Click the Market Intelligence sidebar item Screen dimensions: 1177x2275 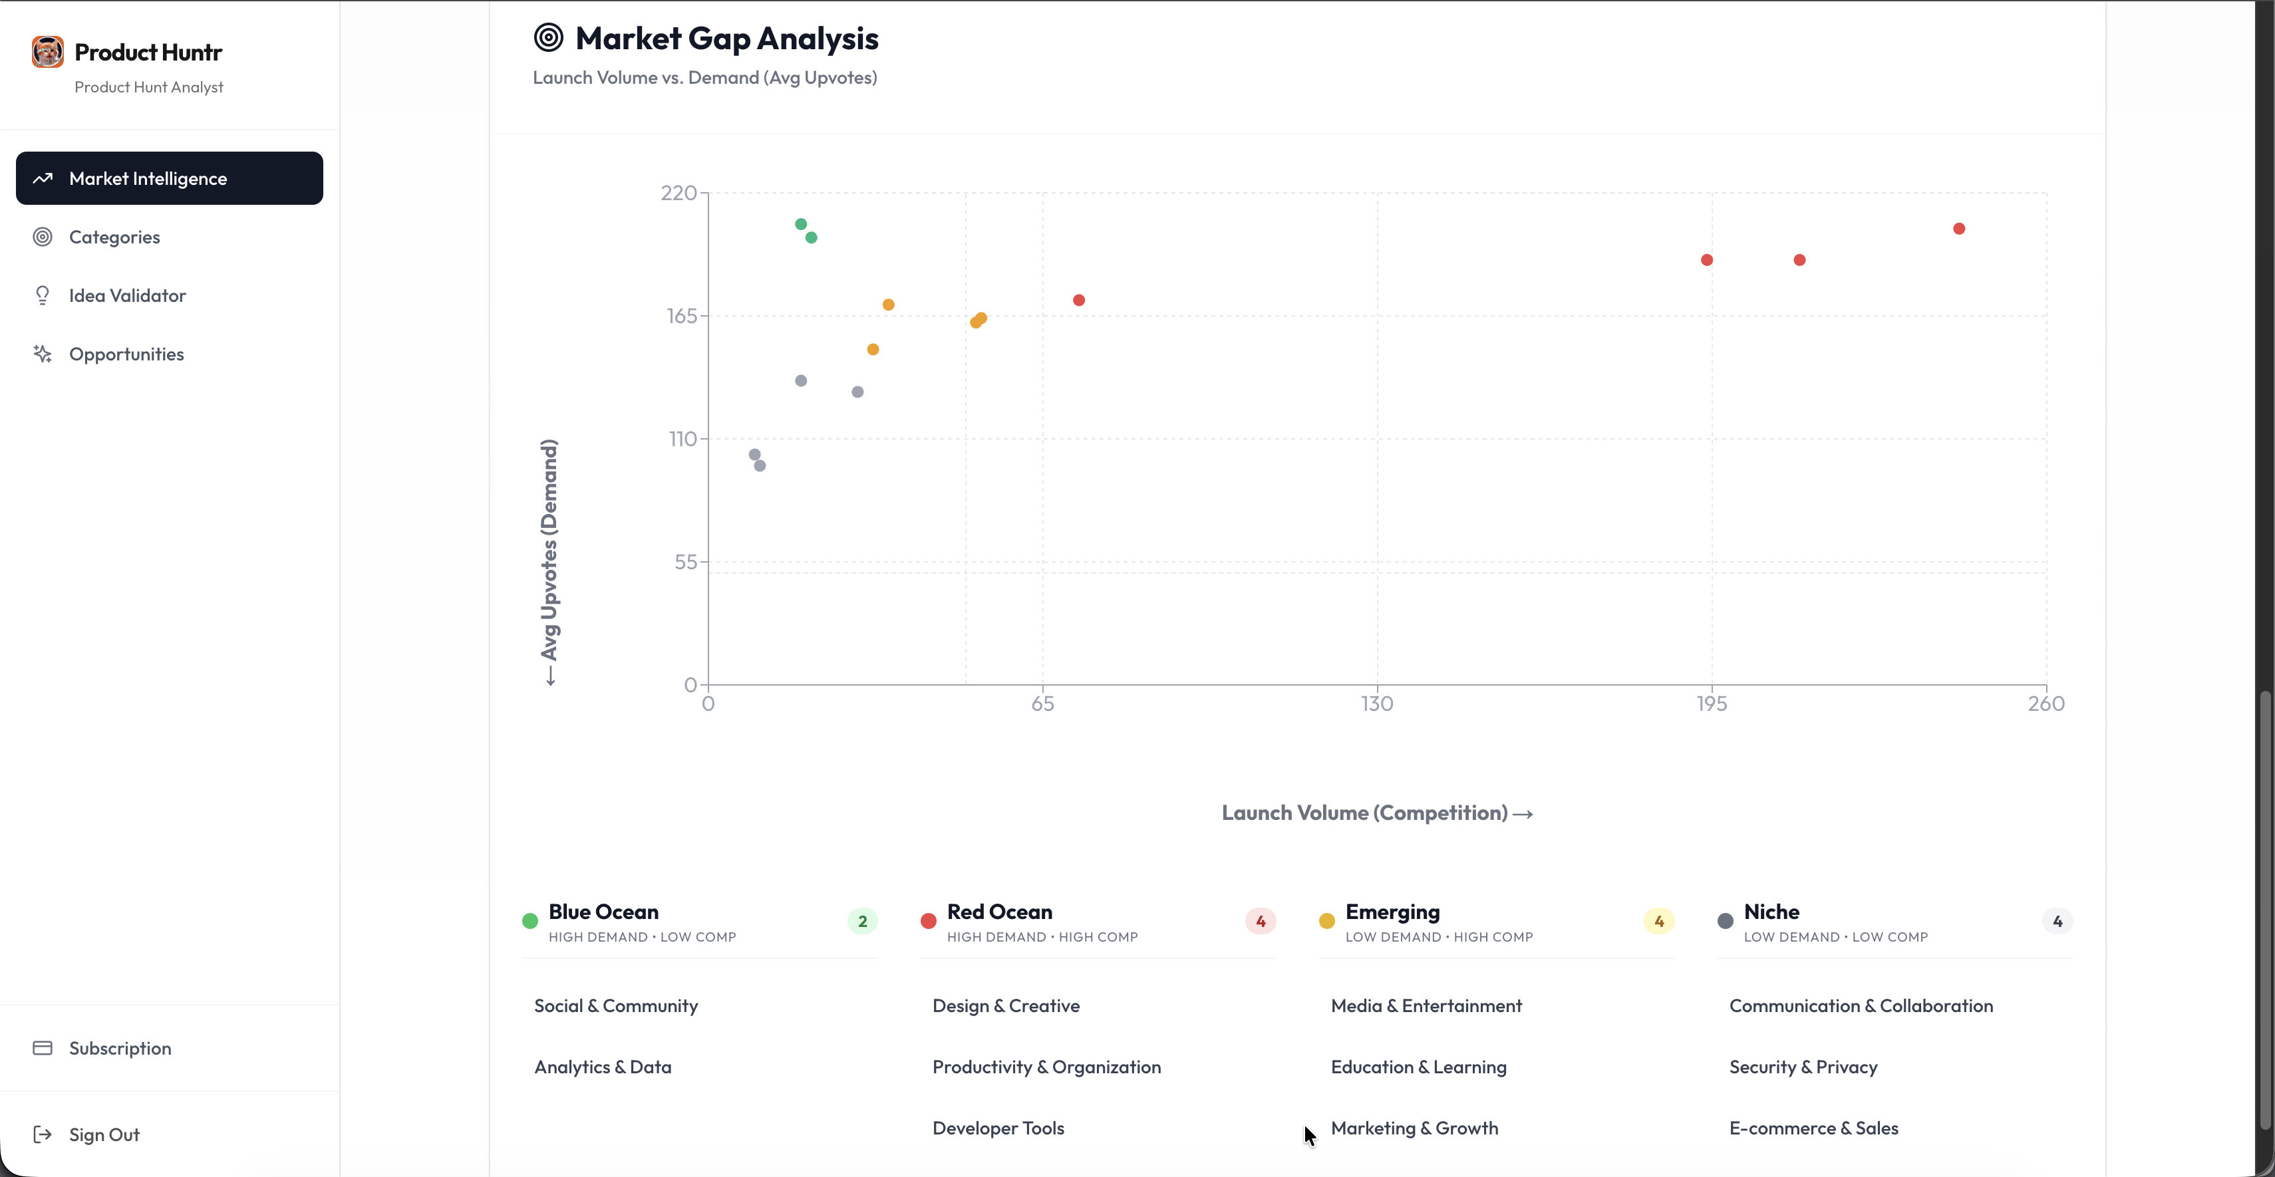click(169, 178)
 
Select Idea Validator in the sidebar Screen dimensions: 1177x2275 click(127, 296)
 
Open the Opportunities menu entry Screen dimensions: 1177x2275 click(126, 354)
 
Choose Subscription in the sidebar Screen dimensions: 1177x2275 click(120, 1048)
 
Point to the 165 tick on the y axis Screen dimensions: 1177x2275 click(682, 316)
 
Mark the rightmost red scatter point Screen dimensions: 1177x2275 click(1959, 229)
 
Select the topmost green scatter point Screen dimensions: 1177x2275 click(801, 224)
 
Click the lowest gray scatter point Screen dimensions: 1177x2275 click(760, 465)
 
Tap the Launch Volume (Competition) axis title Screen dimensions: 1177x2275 click(1376, 813)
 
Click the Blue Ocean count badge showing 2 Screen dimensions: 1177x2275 click(862, 921)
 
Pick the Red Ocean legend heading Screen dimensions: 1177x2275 click(999, 912)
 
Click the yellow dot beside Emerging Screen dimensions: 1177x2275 click(1326, 921)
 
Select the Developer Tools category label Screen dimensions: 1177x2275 click(998, 1128)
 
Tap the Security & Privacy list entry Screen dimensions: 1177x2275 click(1803, 1067)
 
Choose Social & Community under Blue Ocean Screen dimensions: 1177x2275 click(615, 1005)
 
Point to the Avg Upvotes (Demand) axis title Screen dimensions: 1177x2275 click(549, 550)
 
